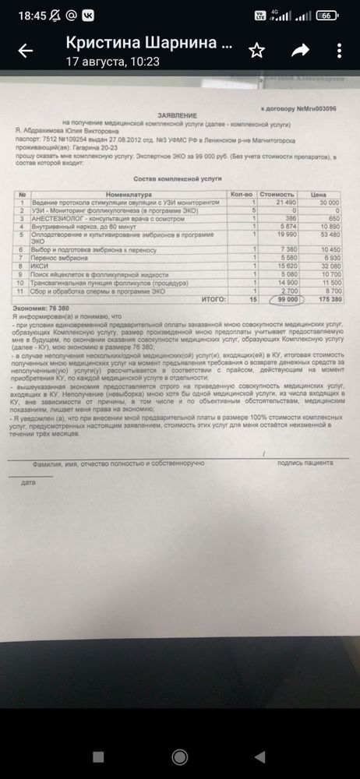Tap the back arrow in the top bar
(26, 51)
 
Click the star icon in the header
(256, 51)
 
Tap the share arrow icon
(299, 51)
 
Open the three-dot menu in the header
(339, 51)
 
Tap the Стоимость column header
(280, 194)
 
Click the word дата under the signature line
(29, 482)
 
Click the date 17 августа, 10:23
(103, 61)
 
